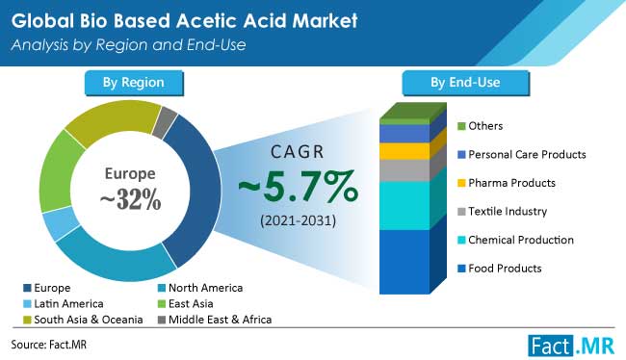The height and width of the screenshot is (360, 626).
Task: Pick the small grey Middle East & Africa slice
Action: (x=165, y=121)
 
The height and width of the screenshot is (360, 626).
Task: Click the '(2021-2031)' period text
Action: (x=296, y=222)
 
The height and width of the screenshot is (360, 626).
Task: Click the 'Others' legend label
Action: (x=485, y=125)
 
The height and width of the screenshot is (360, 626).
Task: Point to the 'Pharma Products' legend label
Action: (x=509, y=183)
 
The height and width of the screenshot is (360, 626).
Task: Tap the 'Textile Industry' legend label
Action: (x=508, y=211)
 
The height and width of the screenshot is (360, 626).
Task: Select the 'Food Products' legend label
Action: (x=506, y=268)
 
